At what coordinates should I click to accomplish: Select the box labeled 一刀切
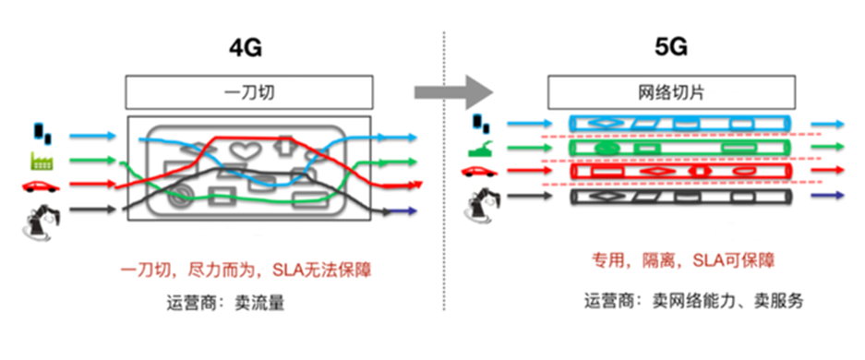click(x=248, y=92)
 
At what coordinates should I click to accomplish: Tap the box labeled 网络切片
click(x=671, y=92)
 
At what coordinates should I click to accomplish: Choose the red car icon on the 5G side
click(x=480, y=172)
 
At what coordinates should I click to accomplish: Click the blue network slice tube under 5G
click(x=679, y=124)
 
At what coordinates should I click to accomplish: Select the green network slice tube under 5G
click(x=679, y=148)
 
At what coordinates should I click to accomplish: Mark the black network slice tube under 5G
click(x=679, y=196)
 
